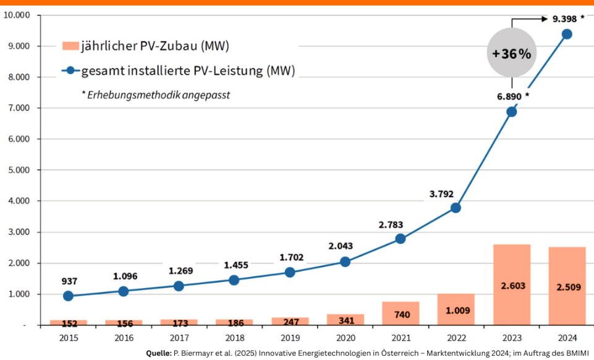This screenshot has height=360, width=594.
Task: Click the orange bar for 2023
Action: (512, 285)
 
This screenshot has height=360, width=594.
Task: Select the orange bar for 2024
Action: (567, 286)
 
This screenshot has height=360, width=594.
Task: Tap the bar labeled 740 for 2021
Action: (401, 313)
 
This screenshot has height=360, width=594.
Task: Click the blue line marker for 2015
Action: (68, 296)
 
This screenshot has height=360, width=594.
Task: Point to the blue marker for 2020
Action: (345, 262)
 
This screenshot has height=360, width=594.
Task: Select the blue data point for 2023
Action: (511, 112)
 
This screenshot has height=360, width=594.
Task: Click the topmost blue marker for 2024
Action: (567, 34)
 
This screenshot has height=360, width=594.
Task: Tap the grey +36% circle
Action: (511, 54)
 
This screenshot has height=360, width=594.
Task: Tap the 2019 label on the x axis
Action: (290, 338)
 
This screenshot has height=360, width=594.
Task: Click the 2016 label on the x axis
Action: (124, 338)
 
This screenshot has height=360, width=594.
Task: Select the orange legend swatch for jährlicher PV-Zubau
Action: (70, 46)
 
